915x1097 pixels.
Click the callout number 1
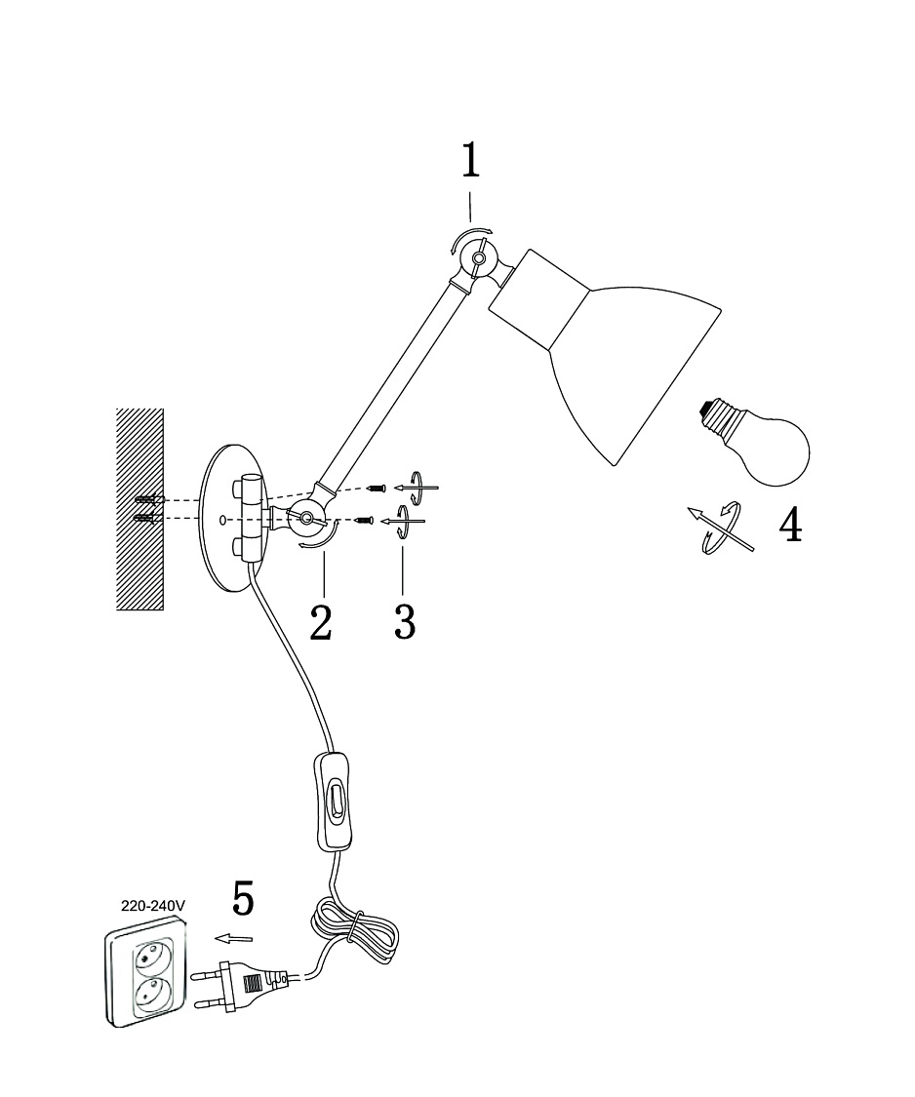(470, 162)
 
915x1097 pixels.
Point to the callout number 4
(790, 526)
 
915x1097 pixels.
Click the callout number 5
(243, 899)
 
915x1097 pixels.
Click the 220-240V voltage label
(153, 905)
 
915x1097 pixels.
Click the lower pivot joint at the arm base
(307, 519)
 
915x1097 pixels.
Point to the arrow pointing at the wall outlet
(234, 938)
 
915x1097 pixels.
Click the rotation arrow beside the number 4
(721, 529)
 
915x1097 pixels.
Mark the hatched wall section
(140, 509)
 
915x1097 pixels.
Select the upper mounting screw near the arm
(378, 487)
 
